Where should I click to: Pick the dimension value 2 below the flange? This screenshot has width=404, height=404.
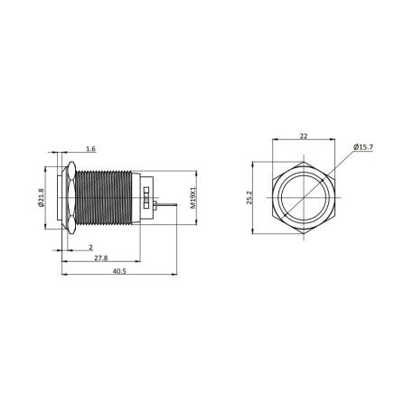[x=90, y=247]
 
